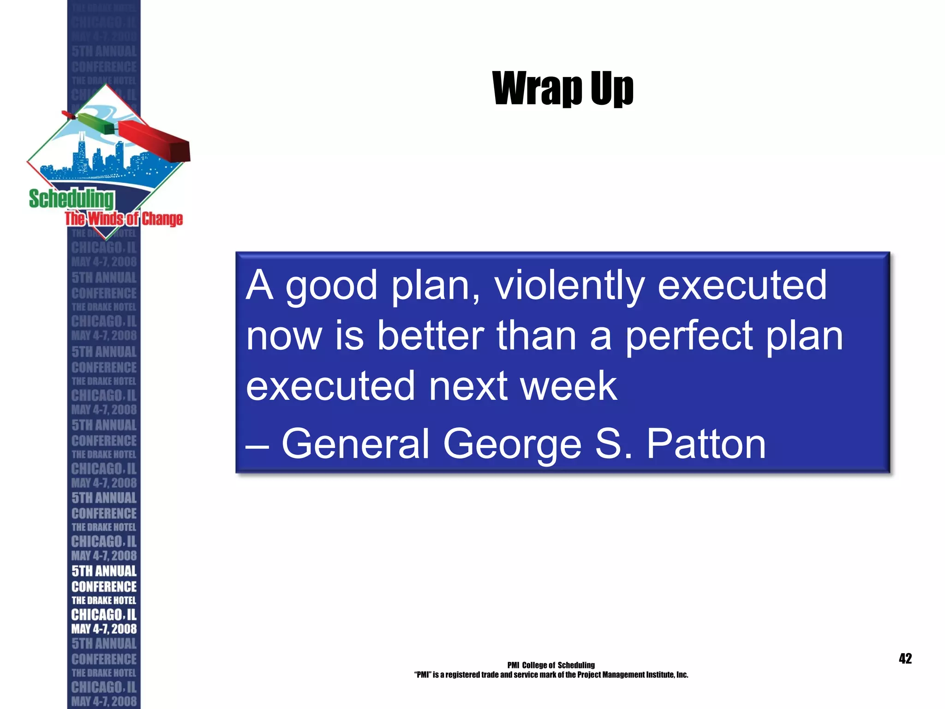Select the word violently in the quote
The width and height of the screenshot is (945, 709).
point(569,286)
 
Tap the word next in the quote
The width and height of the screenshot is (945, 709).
point(468,387)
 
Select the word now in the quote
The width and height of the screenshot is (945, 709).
point(284,337)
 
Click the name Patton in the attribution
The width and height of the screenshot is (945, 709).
point(706,444)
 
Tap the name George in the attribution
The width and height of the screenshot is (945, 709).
point(512,445)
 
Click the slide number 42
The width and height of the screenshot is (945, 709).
point(905,658)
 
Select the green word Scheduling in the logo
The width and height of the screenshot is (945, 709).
point(72,199)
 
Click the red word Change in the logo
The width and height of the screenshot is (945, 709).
point(162,219)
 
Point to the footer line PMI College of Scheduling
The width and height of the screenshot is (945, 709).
point(551,665)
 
